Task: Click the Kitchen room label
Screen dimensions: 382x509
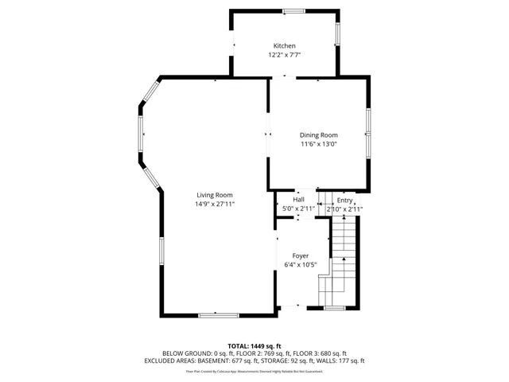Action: [x=284, y=46]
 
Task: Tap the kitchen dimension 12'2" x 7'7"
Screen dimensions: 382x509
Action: [x=284, y=56]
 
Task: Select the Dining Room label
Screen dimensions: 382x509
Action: [x=318, y=135]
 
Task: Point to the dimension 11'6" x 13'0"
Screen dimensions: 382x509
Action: [x=318, y=145]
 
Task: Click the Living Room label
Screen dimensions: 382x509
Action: [x=215, y=195]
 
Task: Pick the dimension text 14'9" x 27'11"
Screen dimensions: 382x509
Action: [x=215, y=205]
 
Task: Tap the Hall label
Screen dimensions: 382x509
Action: [x=298, y=200]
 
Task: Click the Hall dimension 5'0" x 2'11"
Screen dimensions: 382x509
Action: [x=298, y=209]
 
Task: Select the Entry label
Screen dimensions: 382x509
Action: [x=344, y=201]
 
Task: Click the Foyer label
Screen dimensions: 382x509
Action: [x=300, y=255]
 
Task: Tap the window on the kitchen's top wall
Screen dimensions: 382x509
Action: [x=294, y=11]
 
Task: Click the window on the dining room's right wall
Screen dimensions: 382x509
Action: [x=368, y=131]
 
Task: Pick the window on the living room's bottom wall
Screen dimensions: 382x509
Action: [x=218, y=315]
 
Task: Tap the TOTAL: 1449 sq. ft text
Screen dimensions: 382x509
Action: [x=254, y=346]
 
